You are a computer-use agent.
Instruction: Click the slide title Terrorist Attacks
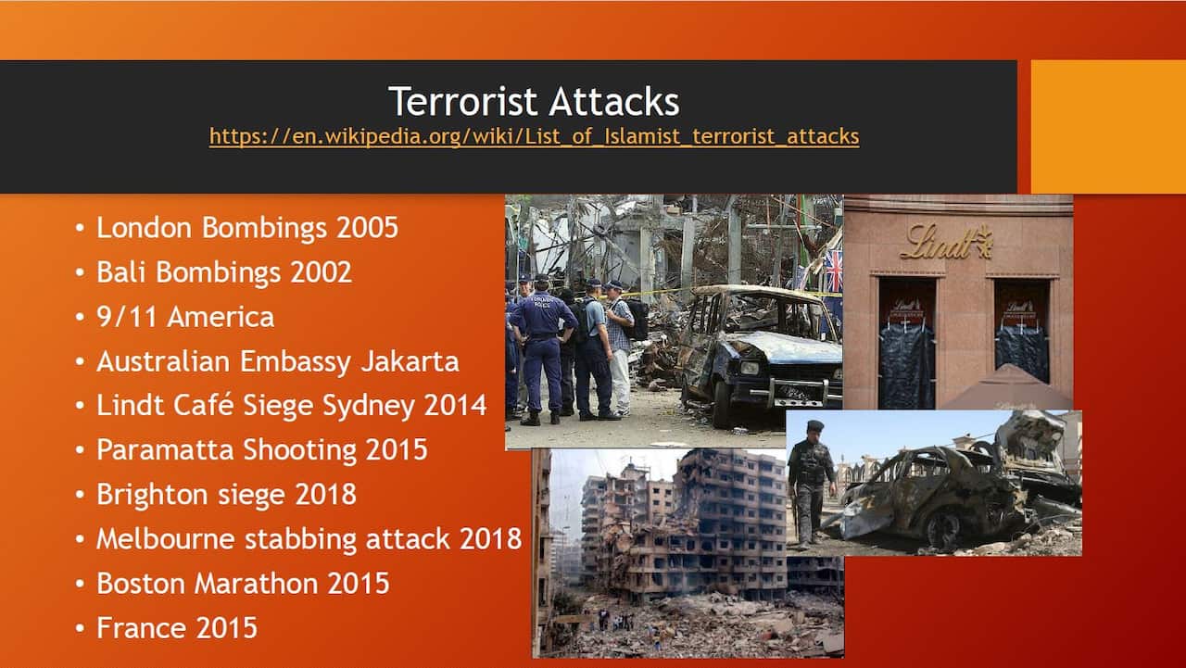pos(533,101)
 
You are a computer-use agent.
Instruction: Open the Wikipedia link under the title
pos(534,136)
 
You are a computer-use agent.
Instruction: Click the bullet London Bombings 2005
pos(246,228)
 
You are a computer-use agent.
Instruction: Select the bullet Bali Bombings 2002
pos(223,272)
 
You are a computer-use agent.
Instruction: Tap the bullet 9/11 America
pos(184,317)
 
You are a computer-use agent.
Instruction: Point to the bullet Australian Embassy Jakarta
pos(277,361)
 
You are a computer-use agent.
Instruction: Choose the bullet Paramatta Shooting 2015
pos(261,450)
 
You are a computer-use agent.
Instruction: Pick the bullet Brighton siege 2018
pos(226,495)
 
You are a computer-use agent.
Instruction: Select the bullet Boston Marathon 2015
pos(242,584)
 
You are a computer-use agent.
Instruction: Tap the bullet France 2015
pos(176,628)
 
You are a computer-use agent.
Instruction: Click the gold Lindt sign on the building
pos(946,243)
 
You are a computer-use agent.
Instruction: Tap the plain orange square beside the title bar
pos(1108,127)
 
